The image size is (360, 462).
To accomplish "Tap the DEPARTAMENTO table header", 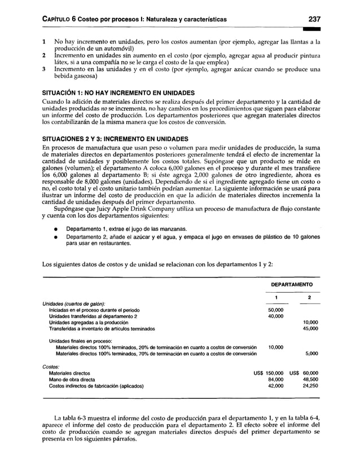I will coord(292,286).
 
